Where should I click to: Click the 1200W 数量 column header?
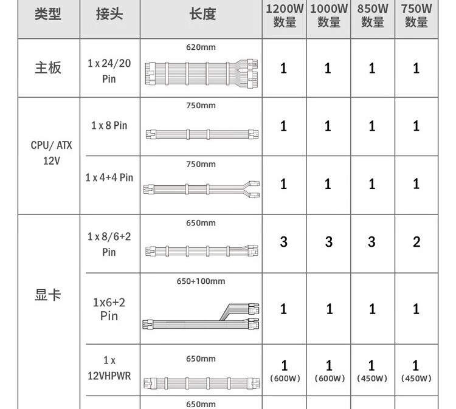[x=284, y=16]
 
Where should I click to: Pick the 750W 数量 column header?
[x=416, y=16]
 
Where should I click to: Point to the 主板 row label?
[x=48, y=67]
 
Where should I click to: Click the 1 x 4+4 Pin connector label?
[x=109, y=177]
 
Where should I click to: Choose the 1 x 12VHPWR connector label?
[x=109, y=368]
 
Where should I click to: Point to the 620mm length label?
[x=201, y=47]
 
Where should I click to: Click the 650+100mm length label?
[x=201, y=281]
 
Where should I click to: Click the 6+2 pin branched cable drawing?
[x=201, y=315]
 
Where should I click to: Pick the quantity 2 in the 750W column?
[x=416, y=242]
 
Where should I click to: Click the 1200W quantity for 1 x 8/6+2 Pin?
[x=284, y=242]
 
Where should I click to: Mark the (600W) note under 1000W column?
[x=329, y=379]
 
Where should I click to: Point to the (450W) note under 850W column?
[x=372, y=379]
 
